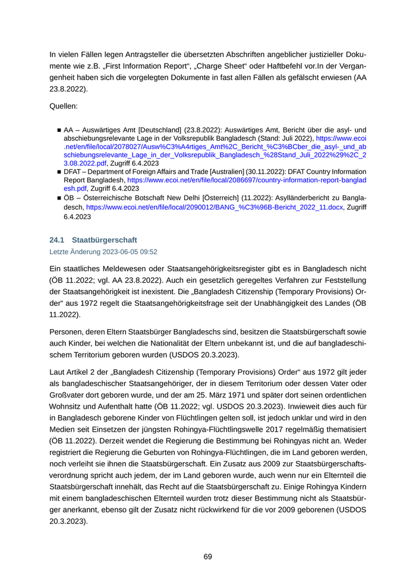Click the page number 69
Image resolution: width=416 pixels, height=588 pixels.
(x=208, y=557)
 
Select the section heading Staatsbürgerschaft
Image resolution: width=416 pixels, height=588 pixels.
(x=104, y=240)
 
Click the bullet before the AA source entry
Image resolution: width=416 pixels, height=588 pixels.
(x=59, y=129)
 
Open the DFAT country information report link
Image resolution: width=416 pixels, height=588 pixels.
(x=247, y=179)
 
